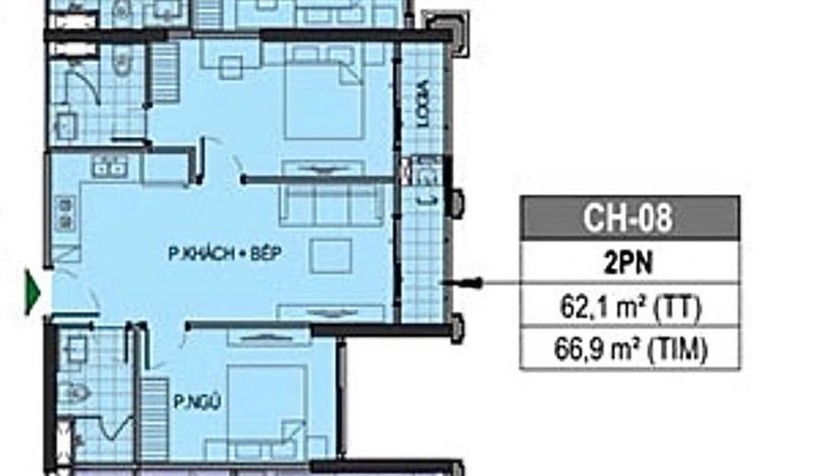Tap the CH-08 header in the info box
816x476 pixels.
point(628,218)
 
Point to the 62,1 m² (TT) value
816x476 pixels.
point(628,307)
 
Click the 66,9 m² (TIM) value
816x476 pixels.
point(628,350)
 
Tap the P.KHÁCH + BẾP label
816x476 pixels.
point(224,253)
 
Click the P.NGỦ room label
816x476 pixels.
point(198,402)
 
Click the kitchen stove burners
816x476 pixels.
point(65,211)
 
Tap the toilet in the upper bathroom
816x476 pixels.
point(121,62)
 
